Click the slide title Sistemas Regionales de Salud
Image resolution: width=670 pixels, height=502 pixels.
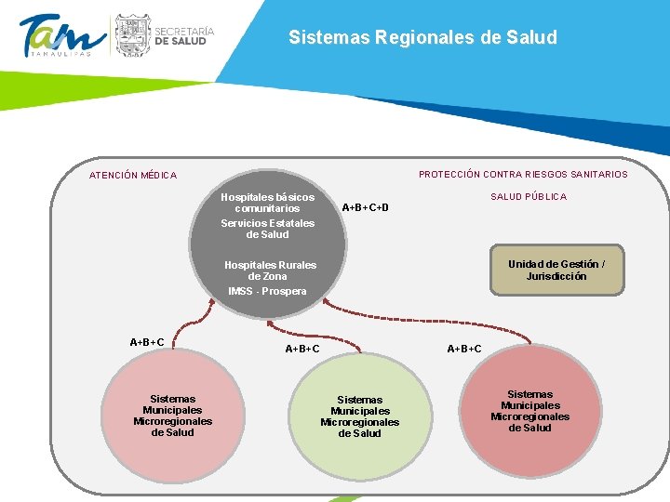[422, 38]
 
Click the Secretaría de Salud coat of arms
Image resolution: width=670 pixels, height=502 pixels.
[131, 35]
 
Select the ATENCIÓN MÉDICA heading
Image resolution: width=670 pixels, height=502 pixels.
[133, 176]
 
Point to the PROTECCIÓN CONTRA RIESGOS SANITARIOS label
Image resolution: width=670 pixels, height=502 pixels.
[523, 175]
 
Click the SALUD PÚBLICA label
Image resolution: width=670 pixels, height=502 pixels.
[529, 197]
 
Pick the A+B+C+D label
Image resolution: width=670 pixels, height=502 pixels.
[366, 207]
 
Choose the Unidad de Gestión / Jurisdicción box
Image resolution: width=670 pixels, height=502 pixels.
[556, 271]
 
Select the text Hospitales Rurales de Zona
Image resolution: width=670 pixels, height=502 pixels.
[270, 271]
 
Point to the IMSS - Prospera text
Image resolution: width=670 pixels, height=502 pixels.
[268, 292]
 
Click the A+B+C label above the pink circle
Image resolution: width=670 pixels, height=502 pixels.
[147, 342]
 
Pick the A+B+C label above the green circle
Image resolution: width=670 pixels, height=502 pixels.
[302, 350]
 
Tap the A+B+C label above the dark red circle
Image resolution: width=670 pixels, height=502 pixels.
[464, 350]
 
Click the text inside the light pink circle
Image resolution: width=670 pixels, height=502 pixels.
[173, 416]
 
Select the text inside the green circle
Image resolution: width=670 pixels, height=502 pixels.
[360, 416]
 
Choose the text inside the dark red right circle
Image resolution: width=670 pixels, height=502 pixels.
[530, 411]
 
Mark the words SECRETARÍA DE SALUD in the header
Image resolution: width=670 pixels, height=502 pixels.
[184, 36]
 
